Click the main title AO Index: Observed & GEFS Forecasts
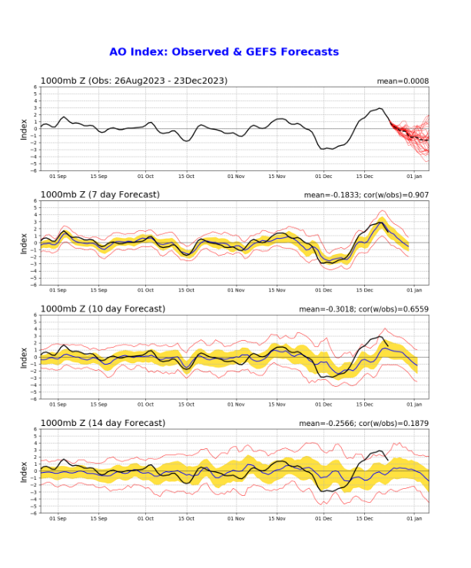224,51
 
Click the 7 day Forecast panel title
100,194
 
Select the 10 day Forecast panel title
102,309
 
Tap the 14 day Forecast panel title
102,423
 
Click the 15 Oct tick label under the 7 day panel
187,291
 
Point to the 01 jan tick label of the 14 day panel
415,519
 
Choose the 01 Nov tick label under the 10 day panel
235,405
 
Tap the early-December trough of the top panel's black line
326,148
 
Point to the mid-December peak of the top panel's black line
380,109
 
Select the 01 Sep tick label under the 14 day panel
57,519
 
